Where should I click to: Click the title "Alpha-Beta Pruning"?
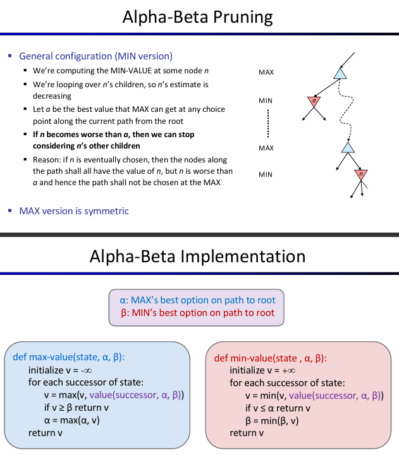[199, 17]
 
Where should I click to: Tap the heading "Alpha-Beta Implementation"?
[197, 256]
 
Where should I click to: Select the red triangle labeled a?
[314, 101]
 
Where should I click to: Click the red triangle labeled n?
[361, 174]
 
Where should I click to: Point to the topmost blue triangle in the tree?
[340, 74]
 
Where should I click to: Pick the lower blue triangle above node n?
[347, 147]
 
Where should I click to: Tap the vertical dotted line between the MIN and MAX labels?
[268, 123]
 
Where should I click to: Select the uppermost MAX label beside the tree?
[266, 73]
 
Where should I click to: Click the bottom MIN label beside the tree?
[266, 174]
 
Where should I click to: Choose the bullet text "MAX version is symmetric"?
[74, 210]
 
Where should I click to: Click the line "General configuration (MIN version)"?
[95, 56]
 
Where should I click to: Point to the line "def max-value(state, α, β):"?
[69, 357]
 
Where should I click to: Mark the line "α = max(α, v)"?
[72, 420]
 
